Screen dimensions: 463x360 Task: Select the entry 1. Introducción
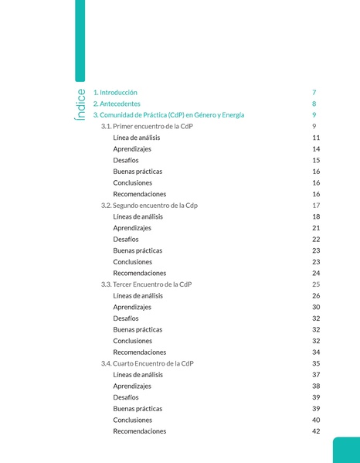click(115, 92)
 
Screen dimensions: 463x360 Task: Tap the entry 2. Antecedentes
click(117, 104)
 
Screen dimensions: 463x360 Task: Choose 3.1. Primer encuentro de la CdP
click(147, 126)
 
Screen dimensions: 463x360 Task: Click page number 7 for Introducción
click(314, 92)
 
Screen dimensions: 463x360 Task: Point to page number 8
click(314, 104)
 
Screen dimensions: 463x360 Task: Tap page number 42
click(316, 431)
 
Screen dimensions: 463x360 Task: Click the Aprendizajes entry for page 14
click(132, 148)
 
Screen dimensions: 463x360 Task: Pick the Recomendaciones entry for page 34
click(139, 352)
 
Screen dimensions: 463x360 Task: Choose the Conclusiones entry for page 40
click(132, 420)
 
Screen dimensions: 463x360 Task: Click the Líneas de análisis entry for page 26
click(138, 295)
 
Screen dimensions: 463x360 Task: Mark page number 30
click(316, 307)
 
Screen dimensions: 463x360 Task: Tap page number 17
click(316, 205)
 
